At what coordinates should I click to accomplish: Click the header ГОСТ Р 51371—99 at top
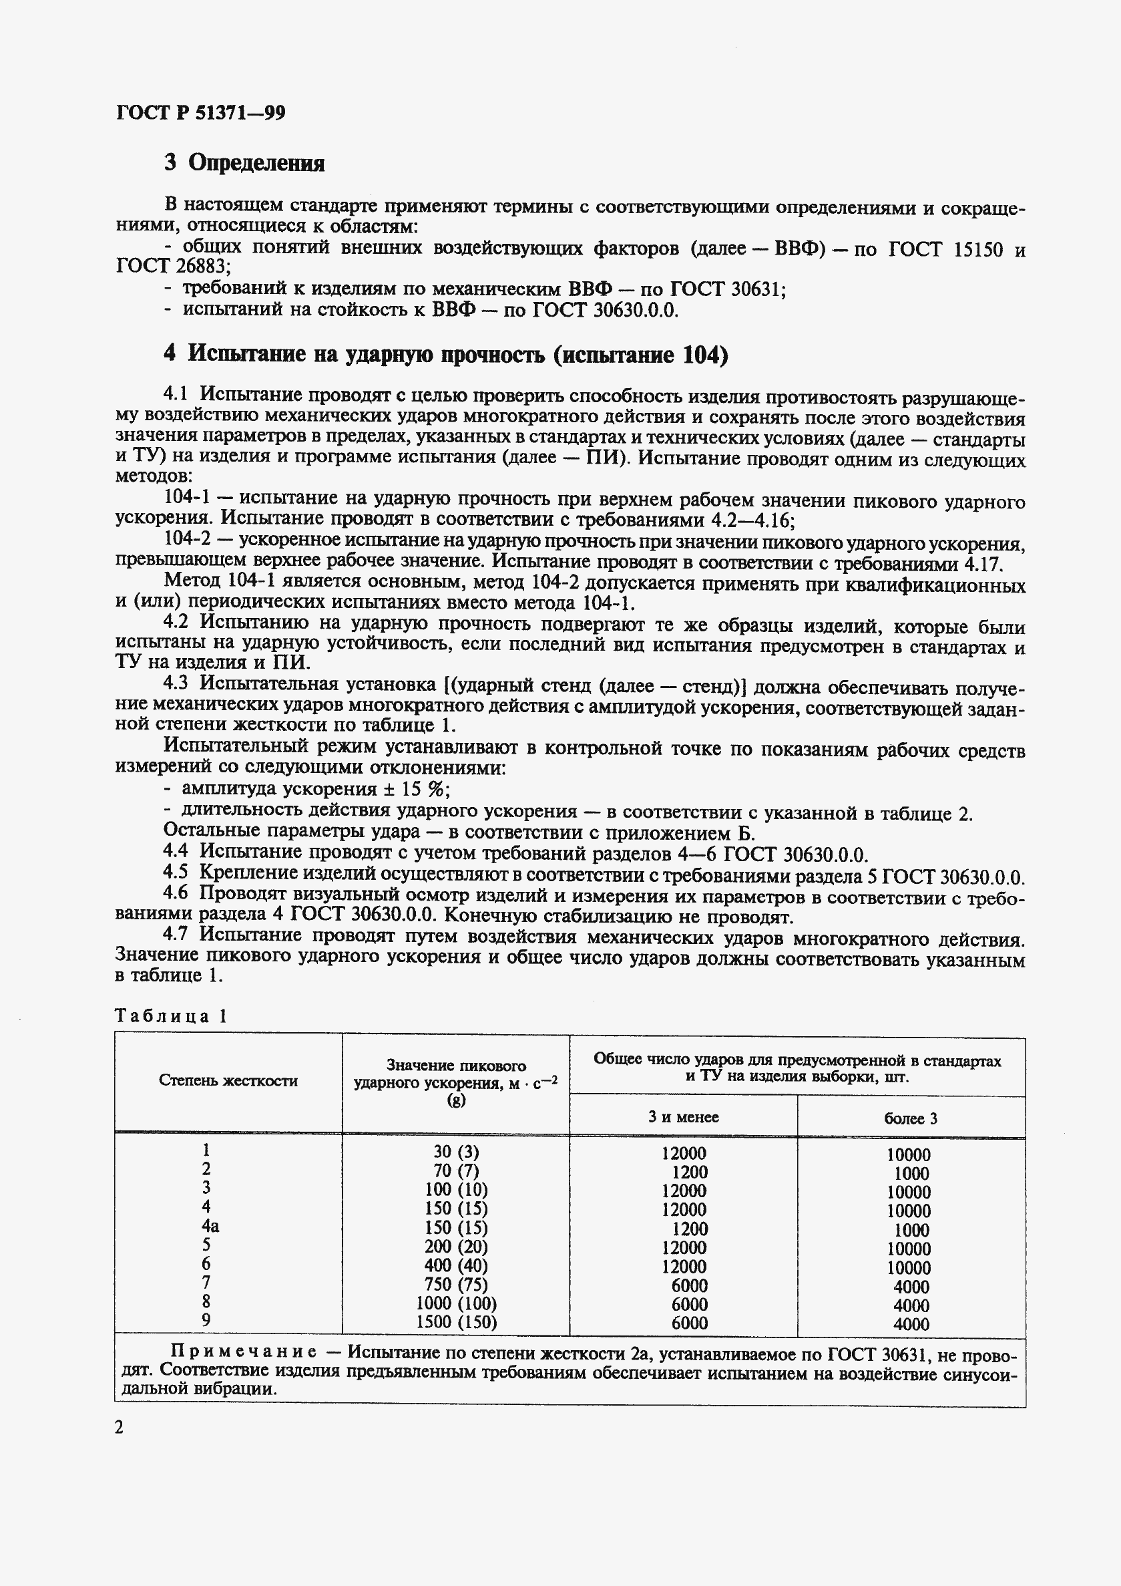(201, 113)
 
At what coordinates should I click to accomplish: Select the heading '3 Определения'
(245, 163)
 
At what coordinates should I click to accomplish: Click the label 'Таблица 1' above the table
(170, 1015)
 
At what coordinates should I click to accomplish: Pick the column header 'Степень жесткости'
(228, 1081)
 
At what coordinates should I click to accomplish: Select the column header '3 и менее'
(684, 1117)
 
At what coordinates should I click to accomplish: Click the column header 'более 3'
(911, 1118)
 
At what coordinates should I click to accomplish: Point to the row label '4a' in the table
(210, 1226)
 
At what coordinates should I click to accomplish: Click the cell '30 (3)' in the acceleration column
(455, 1152)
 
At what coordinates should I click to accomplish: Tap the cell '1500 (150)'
(455, 1322)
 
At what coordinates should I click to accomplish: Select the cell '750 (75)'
(455, 1284)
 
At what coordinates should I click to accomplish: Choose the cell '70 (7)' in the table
(455, 1170)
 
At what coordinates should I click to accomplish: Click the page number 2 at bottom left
(120, 1427)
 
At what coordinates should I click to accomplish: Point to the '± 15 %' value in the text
(416, 789)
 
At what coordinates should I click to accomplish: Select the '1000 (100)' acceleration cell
(455, 1303)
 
